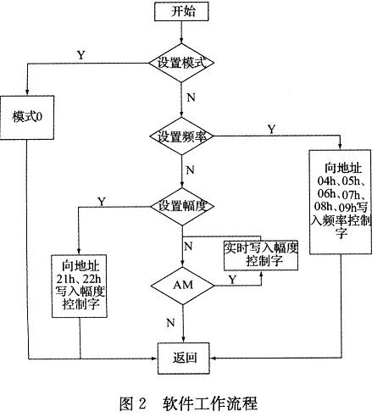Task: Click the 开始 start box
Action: pyautogui.click(x=182, y=13)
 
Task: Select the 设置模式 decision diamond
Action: pyautogui.click(x=182, y=64)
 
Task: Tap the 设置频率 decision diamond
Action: pyautogui.click(x=182, y=136)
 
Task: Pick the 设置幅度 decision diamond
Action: pyautogui.click(x=182, y=205)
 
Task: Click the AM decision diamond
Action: pyautogui.click(x=182, y=284)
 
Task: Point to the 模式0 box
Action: pyautogui.click(x=28, y=115)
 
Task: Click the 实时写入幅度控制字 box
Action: pyautogui.click(x=261, y=254)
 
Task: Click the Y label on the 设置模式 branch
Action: pyautogui.click(x=81, y=54)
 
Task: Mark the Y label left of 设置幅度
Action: pyautogui.click(x=103, y=202)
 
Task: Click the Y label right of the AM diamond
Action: pyautogui.click(x=231, y=277)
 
